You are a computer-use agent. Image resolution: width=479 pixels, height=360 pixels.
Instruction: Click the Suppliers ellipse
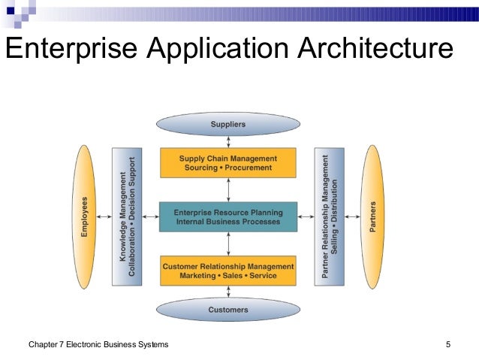(227, 124)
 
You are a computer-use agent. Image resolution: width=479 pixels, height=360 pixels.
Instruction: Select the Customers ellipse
(227, 309)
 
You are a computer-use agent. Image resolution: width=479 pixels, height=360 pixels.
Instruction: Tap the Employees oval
(89, 216)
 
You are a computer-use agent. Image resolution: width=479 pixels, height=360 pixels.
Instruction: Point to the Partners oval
(373, 216)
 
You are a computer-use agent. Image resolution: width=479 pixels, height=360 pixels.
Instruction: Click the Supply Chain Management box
(227, 163)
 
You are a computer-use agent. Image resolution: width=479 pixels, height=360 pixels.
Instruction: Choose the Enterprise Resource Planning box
(227, 216)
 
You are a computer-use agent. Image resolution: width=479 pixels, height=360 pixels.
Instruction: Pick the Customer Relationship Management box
(227, 271)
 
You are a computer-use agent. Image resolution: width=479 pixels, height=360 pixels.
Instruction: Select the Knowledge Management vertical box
(127, 216)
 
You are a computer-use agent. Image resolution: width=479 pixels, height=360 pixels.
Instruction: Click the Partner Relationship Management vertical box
(330, 216)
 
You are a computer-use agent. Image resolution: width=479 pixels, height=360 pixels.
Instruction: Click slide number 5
(447, 344)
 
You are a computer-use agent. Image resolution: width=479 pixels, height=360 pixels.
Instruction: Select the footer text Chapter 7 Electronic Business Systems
(98, 344)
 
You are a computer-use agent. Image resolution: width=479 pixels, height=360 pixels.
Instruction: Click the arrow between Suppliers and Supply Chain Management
(227, 141)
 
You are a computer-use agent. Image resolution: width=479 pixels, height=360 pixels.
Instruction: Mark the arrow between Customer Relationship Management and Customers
(227, 292)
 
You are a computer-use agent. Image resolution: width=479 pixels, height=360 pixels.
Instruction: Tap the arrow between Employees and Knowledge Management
(106, 216)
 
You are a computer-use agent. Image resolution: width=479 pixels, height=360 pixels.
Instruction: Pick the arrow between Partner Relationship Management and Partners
(352, 216)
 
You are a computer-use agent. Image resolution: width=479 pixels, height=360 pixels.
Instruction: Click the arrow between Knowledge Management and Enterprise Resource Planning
(150, 216)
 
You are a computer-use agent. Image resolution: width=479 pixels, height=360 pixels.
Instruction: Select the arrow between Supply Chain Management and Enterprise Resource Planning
(227, 189)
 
